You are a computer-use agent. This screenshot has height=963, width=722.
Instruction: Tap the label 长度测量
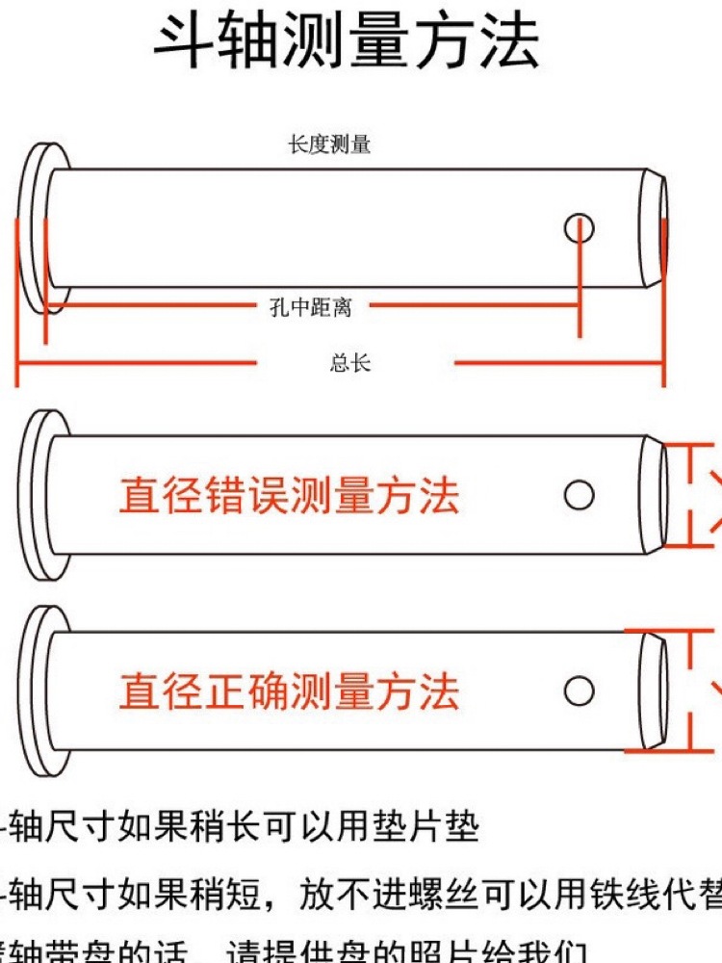pos(329,145)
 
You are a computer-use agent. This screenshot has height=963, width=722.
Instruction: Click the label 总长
pos(350,363)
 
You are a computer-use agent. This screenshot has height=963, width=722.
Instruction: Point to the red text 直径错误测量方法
pos(289,497)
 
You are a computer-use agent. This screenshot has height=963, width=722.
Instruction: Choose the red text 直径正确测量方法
pos(289,691)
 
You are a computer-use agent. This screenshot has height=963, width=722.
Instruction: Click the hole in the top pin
pos(580,228)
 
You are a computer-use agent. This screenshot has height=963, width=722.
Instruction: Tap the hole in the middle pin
pos(579,495)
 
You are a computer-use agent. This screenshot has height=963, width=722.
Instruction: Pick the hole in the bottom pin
pos(579,690)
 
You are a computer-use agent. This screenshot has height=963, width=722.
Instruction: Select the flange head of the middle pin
pos(37,495)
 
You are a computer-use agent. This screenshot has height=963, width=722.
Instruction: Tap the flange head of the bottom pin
pos(37,690)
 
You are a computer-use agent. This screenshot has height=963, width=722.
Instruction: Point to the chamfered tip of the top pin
pos(654,228)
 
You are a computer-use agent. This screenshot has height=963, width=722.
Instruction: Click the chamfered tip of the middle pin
pos(654,495)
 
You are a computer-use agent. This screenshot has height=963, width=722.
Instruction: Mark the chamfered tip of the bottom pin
pos(654,690)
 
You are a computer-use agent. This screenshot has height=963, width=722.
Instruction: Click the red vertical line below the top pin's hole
pos(580,289)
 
